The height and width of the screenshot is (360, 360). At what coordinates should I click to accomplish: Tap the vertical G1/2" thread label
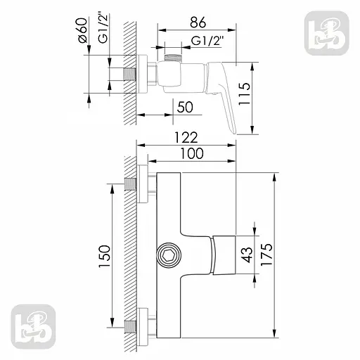pos(103,32)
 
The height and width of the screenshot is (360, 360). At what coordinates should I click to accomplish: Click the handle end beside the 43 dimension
pos(224,255)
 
